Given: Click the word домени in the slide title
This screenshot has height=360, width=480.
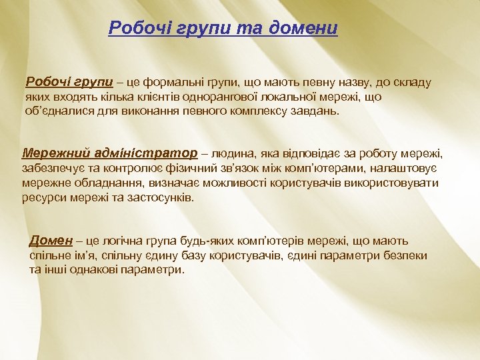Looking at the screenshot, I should (305, 28).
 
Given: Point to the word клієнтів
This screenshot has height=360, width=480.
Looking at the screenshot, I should (143, 97).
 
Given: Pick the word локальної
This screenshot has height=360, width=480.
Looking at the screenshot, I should (280, 97).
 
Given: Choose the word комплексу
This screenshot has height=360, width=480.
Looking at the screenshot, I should (255, 111).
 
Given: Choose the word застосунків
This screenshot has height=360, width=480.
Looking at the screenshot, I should (159, 198).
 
